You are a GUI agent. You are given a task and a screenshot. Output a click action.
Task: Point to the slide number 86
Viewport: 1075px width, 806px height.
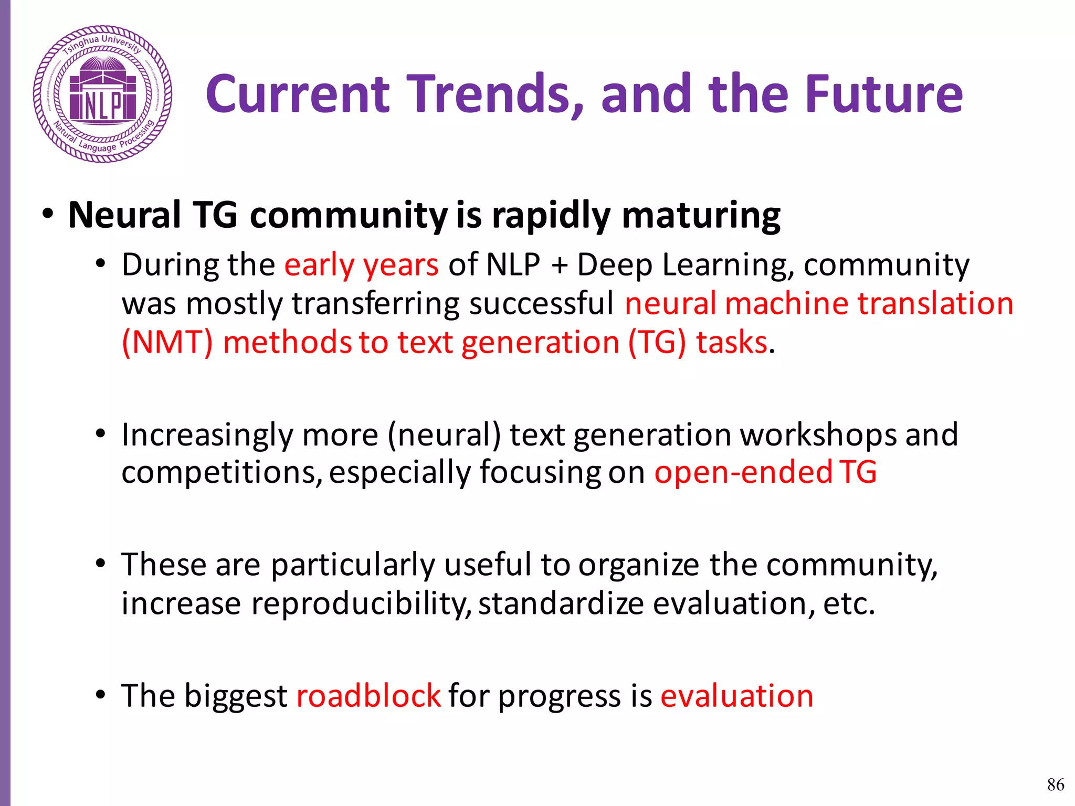(1056, 784)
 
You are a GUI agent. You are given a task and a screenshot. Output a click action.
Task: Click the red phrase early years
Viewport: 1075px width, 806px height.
(361, 264)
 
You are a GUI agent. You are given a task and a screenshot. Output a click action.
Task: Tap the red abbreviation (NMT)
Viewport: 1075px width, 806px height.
(167, 343)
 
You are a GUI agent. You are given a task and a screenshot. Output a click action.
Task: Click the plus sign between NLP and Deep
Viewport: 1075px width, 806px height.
(560, 266)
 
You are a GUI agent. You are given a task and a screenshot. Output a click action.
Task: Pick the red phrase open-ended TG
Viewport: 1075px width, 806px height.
(765, 472)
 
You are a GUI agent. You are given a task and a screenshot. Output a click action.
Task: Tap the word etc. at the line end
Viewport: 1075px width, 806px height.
(849, 604)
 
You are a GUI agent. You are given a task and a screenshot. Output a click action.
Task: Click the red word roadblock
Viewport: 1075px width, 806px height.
(368, 696)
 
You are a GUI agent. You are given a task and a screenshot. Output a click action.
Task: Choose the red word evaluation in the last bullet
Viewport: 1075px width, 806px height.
(736, 696)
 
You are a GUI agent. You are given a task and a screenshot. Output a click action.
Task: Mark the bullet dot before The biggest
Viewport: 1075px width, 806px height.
(101, 695)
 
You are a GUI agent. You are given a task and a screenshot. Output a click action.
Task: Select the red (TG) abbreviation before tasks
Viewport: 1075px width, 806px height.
(657, 343)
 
